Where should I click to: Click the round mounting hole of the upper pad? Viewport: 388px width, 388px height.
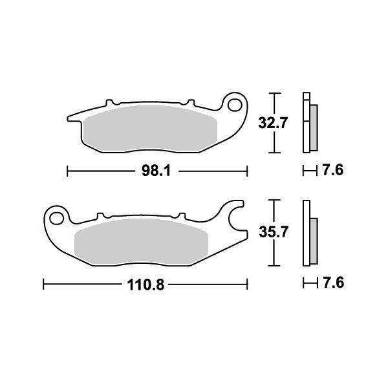(237, 104)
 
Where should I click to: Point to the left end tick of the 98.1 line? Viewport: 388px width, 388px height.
(69, 171)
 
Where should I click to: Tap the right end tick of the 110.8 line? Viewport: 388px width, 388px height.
(248, 283)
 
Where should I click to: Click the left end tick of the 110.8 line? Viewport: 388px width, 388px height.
(43, 283)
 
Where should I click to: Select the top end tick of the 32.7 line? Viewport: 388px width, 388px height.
(277, 93)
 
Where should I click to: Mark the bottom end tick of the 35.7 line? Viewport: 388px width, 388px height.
(277, 266)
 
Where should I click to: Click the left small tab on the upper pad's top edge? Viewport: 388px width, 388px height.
(110, 102)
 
